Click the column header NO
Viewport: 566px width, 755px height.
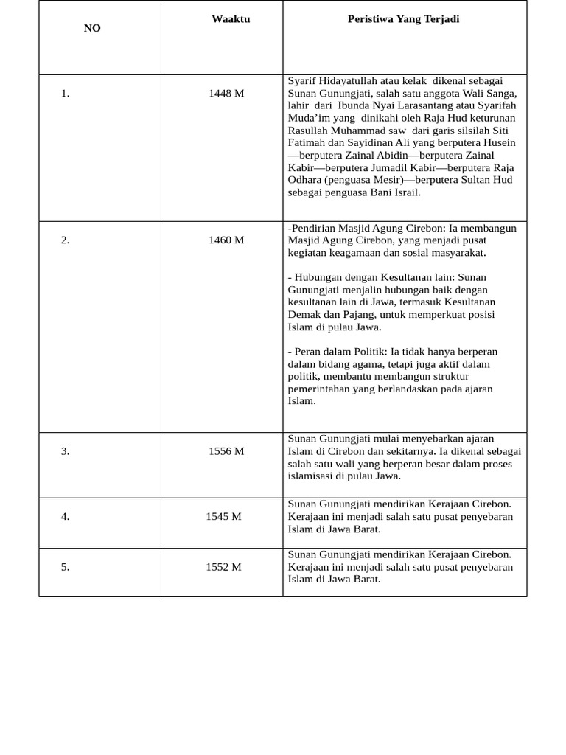coord(92,28)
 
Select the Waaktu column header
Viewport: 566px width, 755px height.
coord(231,19)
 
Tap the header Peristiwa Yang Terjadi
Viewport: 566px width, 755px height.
coord(403,19)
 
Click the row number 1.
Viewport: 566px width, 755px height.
coord(65,94)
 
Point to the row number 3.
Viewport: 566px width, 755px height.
coord(65,451)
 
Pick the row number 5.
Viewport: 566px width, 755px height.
coord(65,567)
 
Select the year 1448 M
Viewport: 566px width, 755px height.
coord(226,94)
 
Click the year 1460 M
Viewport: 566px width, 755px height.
coord(226,240)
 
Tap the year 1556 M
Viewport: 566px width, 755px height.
coord(226,451)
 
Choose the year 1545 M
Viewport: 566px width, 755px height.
coord(223,516)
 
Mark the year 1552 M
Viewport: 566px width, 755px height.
coord(223,567)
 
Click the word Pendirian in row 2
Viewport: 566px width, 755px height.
coord(313,229)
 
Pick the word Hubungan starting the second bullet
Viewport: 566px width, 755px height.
coord(319,277)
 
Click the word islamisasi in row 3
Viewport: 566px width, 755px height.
coord(313,476)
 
